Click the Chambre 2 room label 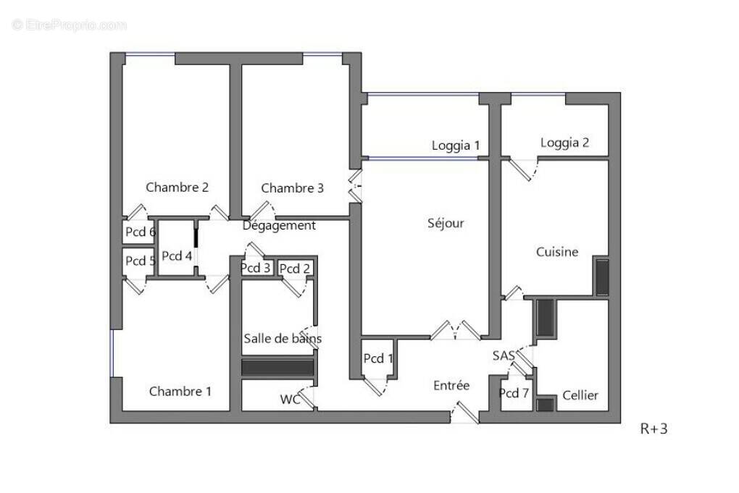pyautogui.click(x=178, y=187)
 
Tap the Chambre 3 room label pyautogui.click(x=292, y=188)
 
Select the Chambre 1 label pyautogui.click(x=180, y=392)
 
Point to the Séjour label pyautogui.click(x=446, y=223)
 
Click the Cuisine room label pyautogui.click(x=557, y=252)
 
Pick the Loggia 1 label pyautogui.click(x=456, y=146)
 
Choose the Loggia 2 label pyautogui.click(x=564, y=143)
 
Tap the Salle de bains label pyautogui.click(x=283, y=338)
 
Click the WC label pyautogui.click(x=290, y=399)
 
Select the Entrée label pyautogui.click(x=451, y=386)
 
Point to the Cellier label pyautogui.click(x=580, y=395)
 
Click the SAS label pyautogui.click(x=504, y=355)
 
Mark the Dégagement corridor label pyautogui.click(x=279, y=226)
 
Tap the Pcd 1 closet pyautogui.click(x=378, y=358)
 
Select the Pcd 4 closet pyautogui.click(x=177, y=256)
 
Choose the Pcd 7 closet pyautogui.click(x=514, y=393)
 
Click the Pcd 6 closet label pyautogui.click(x=140, y=232)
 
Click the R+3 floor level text pyautogui.click(x=654, y=429)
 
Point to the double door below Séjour pyautogui.click(x=455, y=330)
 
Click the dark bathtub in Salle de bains pyautogui.click(x=277, y=367)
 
